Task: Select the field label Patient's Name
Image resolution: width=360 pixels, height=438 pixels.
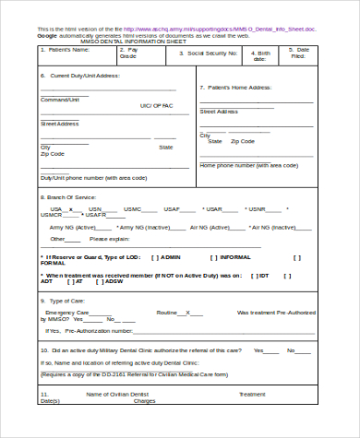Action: point(73,50)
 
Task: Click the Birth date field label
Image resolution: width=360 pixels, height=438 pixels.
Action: point(264,56)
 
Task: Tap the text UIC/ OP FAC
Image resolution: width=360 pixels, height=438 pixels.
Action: point(155,106)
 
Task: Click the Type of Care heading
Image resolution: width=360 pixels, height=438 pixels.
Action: point(68,300)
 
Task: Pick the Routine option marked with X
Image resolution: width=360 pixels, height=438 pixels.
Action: point(171,313)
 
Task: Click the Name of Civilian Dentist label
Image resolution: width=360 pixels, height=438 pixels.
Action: point(119,394)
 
